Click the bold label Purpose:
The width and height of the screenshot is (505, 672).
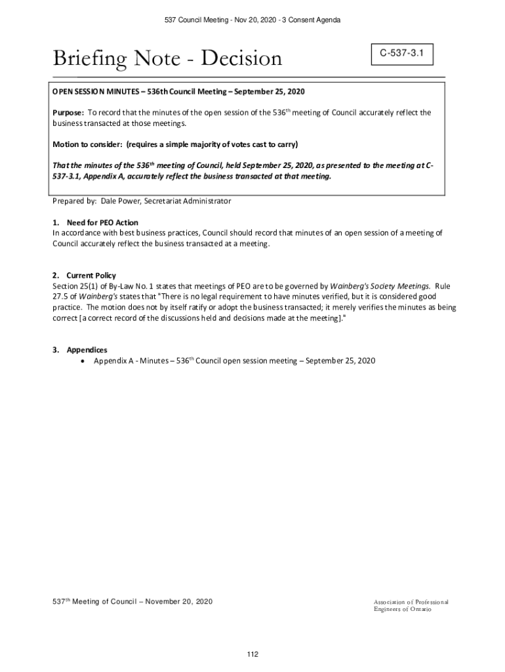[x=68, y=113]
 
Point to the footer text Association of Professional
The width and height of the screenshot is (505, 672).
[x=411, y=602]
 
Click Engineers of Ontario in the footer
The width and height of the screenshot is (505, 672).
[x=403, y=610]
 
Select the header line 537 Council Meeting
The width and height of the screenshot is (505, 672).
[x=253, y=21]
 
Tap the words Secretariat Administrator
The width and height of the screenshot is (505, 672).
[x=190, y=201]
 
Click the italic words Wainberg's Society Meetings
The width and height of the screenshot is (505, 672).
[x=380, y=286]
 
